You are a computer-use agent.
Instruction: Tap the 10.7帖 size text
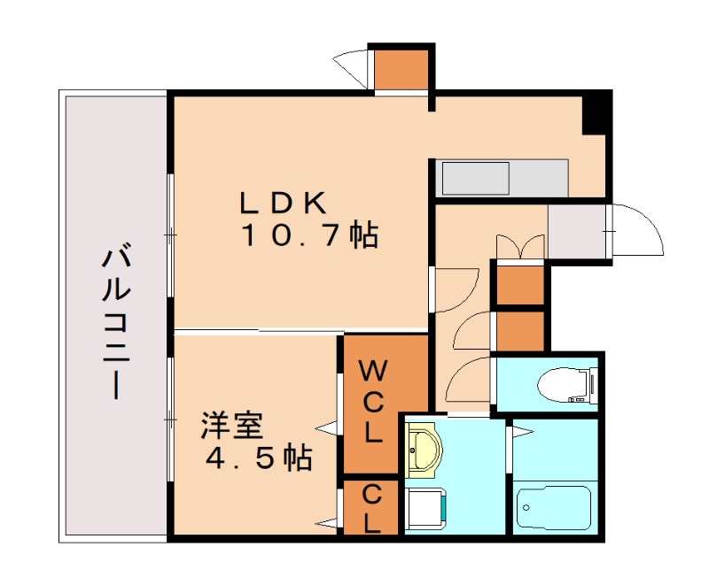point(309,235)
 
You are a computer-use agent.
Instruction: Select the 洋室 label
point(231,426)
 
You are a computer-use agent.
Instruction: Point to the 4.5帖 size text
point(258,458)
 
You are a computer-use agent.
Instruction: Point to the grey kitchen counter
point(502,178)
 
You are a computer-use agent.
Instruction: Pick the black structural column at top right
point(596,113)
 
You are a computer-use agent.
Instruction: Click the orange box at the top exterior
point(400,70)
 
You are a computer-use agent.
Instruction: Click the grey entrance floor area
point(578,231)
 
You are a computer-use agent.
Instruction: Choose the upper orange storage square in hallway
point(520,284)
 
